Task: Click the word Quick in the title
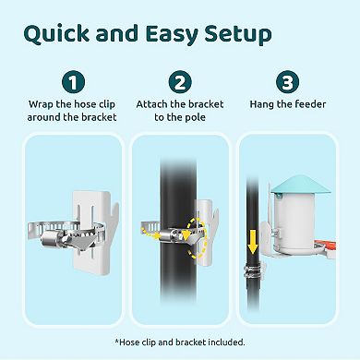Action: [56, 34]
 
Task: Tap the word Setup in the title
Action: [238, 34]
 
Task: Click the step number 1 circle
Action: [73, 82]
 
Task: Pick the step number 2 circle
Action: [180, 82]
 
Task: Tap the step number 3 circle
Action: [288, 82]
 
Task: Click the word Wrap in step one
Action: [41, 104]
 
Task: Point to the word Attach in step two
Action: [152, 104]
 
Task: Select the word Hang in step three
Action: [262, 104]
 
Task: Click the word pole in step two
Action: [195, 117]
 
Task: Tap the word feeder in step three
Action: [310, 104]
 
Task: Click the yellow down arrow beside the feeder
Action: [253, 243]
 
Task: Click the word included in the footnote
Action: [227, 342]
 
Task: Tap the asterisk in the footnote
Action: [117, 341]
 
